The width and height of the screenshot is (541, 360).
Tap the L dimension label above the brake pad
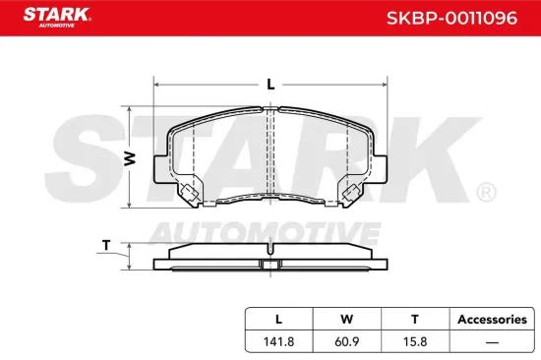click(x=270, y=85)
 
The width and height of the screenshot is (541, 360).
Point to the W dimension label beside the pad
click(x=128, y=158)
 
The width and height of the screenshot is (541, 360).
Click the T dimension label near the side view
click(x=105, y=245)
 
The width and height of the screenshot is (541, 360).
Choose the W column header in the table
click(x=346, y=319)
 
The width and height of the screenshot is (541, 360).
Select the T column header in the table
click(x=414, y=319)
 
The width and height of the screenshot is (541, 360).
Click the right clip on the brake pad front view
click(x=350, y=194)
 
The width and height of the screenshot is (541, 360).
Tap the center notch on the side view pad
click(x=270, y=263)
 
